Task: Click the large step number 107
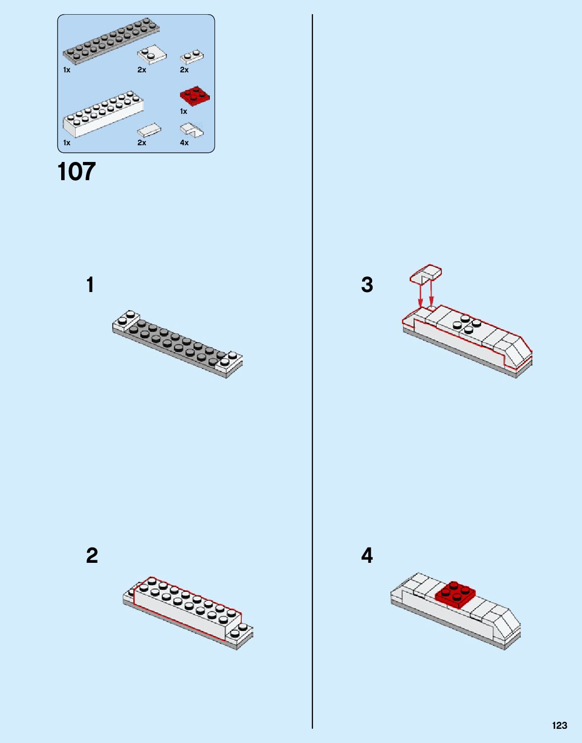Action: point(76,172)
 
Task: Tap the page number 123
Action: point(559,725)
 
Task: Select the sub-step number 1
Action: point(90,284)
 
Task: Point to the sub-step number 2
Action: point(92,555)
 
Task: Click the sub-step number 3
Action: point(367,284)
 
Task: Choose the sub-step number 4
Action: point(367,555)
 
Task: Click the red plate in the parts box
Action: point(195,96)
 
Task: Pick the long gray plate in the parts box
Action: point(111,42)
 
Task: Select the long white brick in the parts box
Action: point(103,114)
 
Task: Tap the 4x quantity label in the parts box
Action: point(184,143)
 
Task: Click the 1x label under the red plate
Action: point(184,111)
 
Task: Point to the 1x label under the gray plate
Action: point(67,70)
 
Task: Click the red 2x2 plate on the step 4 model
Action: point(455,593)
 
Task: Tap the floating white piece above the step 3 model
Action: point(426,274)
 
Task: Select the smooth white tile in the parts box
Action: point(149,130)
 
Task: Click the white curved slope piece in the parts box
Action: point(192,130)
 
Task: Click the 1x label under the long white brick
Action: point(67,143)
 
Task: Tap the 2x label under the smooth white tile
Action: point(142,143)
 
